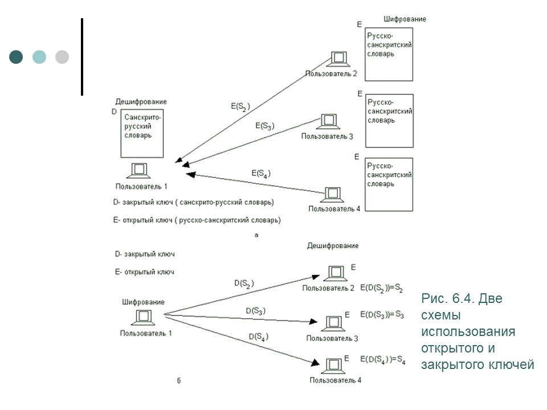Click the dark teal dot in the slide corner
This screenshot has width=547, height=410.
[17, 57]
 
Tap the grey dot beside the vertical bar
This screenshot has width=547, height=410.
[62, 57]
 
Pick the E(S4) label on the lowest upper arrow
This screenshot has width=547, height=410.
[260, 173]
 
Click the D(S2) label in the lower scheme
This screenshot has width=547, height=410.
[244, 283]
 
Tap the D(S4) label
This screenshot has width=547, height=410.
[259, 337]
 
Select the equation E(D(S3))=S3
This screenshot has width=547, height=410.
[382, 314]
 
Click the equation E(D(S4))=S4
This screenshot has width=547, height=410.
[382, 359]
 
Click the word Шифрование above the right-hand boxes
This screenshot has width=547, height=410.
[405, 19]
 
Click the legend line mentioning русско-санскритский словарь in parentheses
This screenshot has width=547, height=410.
[197, 220]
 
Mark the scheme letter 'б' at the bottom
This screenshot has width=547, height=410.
[178, 381]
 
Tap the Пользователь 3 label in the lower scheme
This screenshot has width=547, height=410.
[332, 338]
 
